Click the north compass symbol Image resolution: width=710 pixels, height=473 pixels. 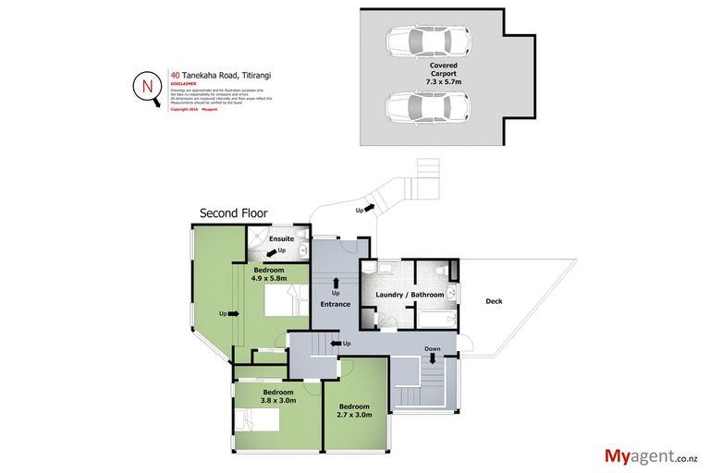pyautogui.click(x=147, y=88)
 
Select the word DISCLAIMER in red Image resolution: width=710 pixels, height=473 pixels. pyautogui.click(x=183, y=85)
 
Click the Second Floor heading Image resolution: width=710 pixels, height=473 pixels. pyautogui.click(x=234, y=213)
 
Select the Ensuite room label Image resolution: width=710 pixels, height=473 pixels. pyautogui.click(x=281, y=238)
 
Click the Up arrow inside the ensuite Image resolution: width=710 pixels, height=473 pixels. pyautogui.click(x=275, y=251)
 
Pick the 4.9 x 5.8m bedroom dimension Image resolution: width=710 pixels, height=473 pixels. pyautogui.click(x=271, y=277)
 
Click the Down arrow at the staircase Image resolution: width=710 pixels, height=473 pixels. pyautogui.click(x=432, y=354)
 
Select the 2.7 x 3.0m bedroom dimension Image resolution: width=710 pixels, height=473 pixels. pyautogui.click(x=354, y=415)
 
